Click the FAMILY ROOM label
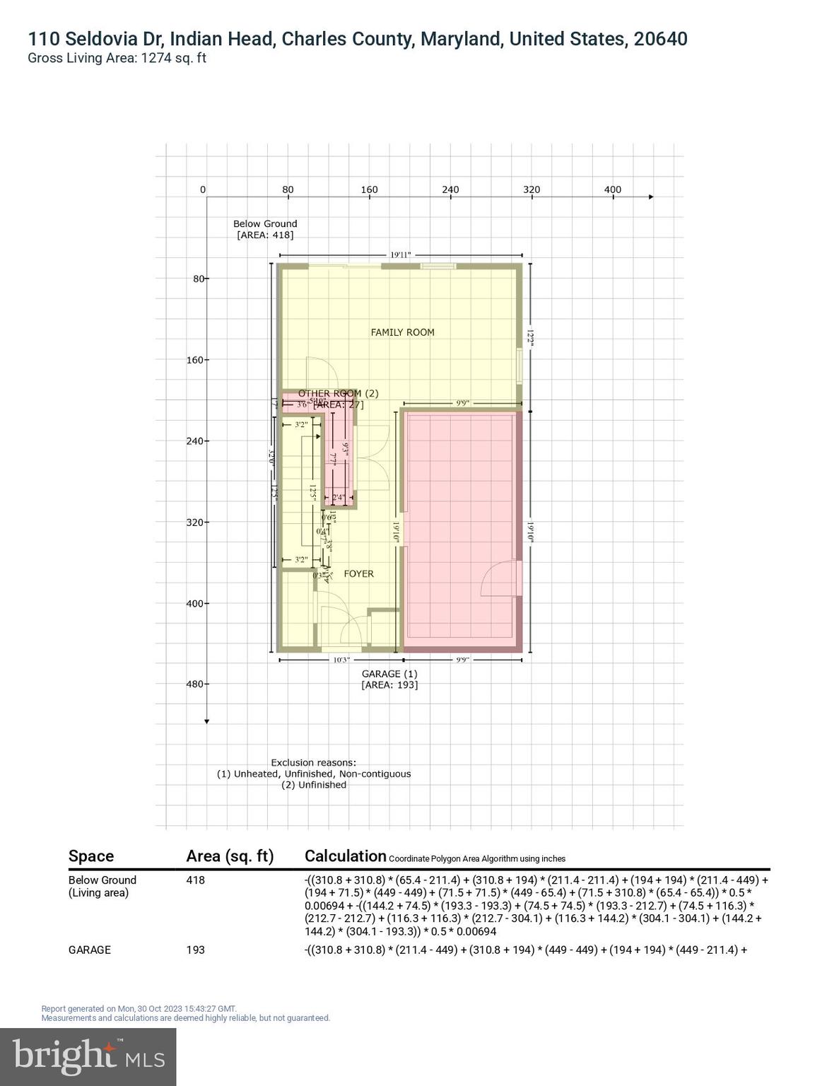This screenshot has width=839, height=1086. coord(402,332)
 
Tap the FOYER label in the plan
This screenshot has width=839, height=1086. coord(358,574)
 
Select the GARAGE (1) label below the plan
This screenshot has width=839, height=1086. coord(389,675)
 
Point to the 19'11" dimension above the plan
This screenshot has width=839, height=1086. coord(400,255)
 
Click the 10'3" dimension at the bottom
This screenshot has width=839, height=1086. coord(341,660)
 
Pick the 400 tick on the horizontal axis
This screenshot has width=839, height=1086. coord(612,189)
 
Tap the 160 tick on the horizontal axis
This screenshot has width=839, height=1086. coord(369,189)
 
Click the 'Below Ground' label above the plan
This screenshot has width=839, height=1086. coord(265,223)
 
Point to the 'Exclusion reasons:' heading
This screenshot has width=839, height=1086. coord(313,763)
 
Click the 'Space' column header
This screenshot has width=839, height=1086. coord(91,856)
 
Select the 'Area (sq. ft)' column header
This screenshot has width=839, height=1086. coord(230,856)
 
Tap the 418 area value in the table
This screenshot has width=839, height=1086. coord(195,880)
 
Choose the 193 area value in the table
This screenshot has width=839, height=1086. coord(195,950)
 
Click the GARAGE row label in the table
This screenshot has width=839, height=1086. coord(90,950)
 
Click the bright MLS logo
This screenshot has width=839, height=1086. coord(88,1056)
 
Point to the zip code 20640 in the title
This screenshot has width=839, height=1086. coord(660,39)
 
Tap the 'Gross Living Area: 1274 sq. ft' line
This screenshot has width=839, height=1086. coord(117,59)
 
